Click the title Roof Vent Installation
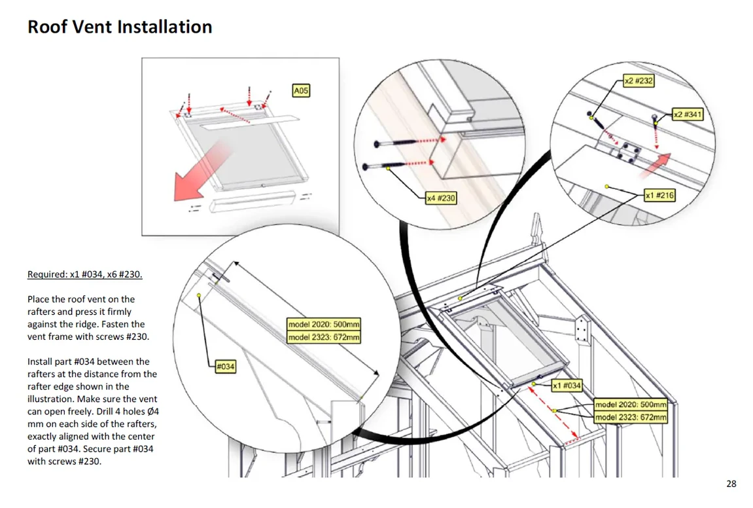[120, 27]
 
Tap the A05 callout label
[300, 91]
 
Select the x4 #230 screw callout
[441, 198]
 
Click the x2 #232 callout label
[638, 81]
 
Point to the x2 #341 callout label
[688, 115]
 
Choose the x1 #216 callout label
[659, 196]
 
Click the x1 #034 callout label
[567, 386]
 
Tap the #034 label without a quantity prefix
[226, 367]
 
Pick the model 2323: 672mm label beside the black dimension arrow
[324, 338]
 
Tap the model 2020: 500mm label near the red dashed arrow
[631, 405]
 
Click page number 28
[731, 484]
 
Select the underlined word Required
[46, 274]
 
